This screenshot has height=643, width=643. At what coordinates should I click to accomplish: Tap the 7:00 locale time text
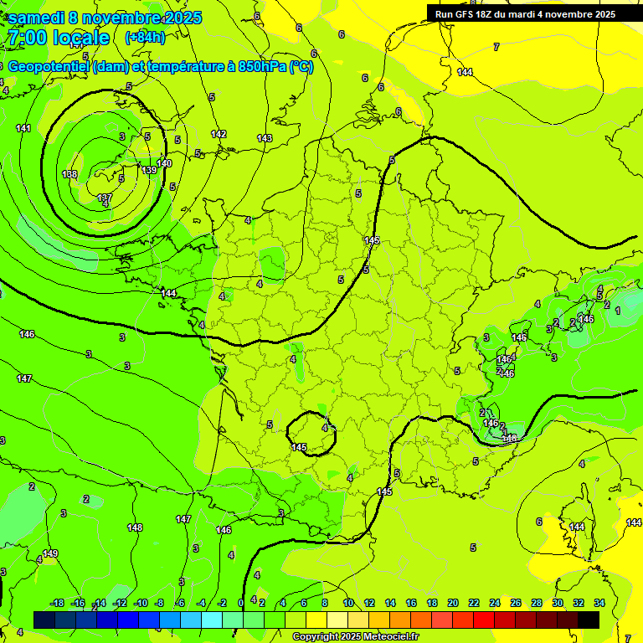tap(58, 38)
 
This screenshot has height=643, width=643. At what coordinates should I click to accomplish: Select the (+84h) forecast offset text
tap(145, 38)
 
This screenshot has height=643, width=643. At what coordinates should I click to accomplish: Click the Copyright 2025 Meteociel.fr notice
tap(355, 637)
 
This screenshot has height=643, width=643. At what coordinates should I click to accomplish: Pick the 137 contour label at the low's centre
tap(105, 198)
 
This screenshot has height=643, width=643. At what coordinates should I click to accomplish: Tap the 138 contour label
tap(69, 174)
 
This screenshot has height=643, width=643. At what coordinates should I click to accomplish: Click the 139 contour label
tap(149, 170)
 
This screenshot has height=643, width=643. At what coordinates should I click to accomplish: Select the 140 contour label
tap(164, 163)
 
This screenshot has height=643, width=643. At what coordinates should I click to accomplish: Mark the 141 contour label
tap(23, 128)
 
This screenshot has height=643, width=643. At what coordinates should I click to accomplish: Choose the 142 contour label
tap(219, 134)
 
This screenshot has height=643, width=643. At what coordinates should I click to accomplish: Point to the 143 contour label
tap(265, 138)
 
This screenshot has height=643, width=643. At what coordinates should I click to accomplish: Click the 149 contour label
tap(50, 553)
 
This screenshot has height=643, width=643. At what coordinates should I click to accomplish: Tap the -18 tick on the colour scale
tap(58, 603)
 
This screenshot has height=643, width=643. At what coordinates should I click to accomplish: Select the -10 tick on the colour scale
tap(140, 603)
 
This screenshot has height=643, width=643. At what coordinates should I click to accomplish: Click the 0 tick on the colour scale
tap(241, 603)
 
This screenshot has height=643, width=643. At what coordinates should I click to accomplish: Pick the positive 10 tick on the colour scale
tap(348, 603)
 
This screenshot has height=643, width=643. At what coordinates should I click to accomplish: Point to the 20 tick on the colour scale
tap(452, 603)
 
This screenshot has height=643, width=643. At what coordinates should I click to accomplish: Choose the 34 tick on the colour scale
tap(599, 603)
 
